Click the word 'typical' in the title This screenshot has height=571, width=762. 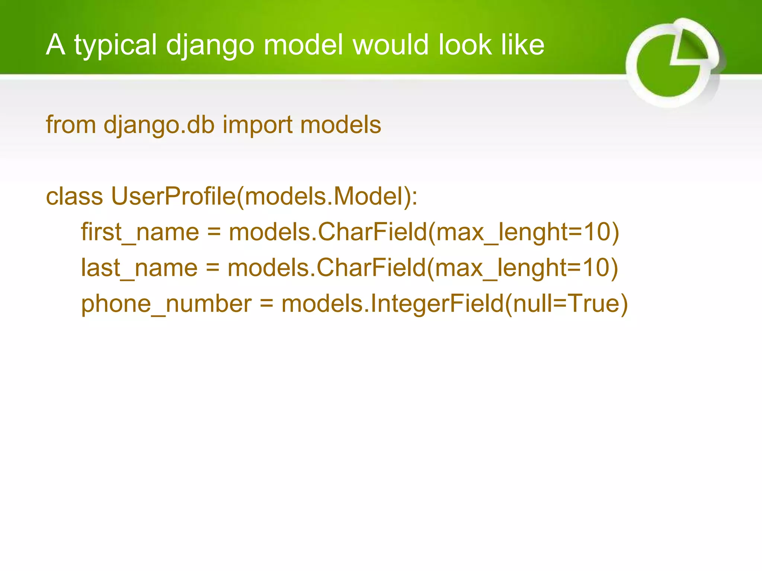tap(115, 45)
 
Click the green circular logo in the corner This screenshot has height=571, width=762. tap(673, 63)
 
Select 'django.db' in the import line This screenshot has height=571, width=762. tap(159, 125)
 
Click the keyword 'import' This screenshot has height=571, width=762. tap(257, 125)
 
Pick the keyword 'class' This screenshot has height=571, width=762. tap(74, 196)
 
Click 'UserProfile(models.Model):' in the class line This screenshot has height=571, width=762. tap(264, 196)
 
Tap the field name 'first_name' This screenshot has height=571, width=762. tap(140, 232)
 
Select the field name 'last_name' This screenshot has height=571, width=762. tap(139, 268)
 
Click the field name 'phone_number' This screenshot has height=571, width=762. tap(166, 304)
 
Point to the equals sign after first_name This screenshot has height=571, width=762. tap(214, 233)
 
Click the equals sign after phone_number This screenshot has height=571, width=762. tap(266, 304)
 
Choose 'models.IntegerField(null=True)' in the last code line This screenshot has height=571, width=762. tap(455, 304)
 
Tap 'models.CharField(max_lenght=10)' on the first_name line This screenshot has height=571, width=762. tap(424, 232)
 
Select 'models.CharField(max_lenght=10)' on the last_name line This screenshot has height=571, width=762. tap(423, 268)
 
